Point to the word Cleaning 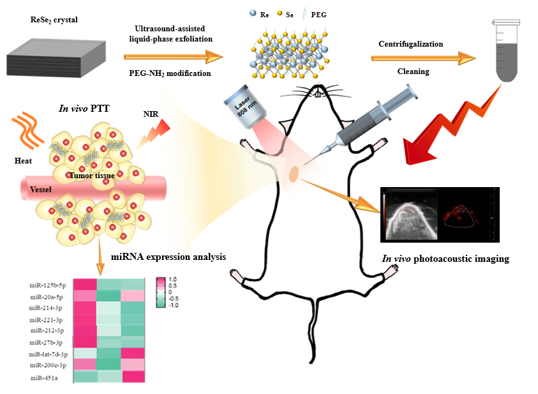tap(413, 72)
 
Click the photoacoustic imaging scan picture tap(439, 215)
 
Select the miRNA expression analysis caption tap(168, 257)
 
